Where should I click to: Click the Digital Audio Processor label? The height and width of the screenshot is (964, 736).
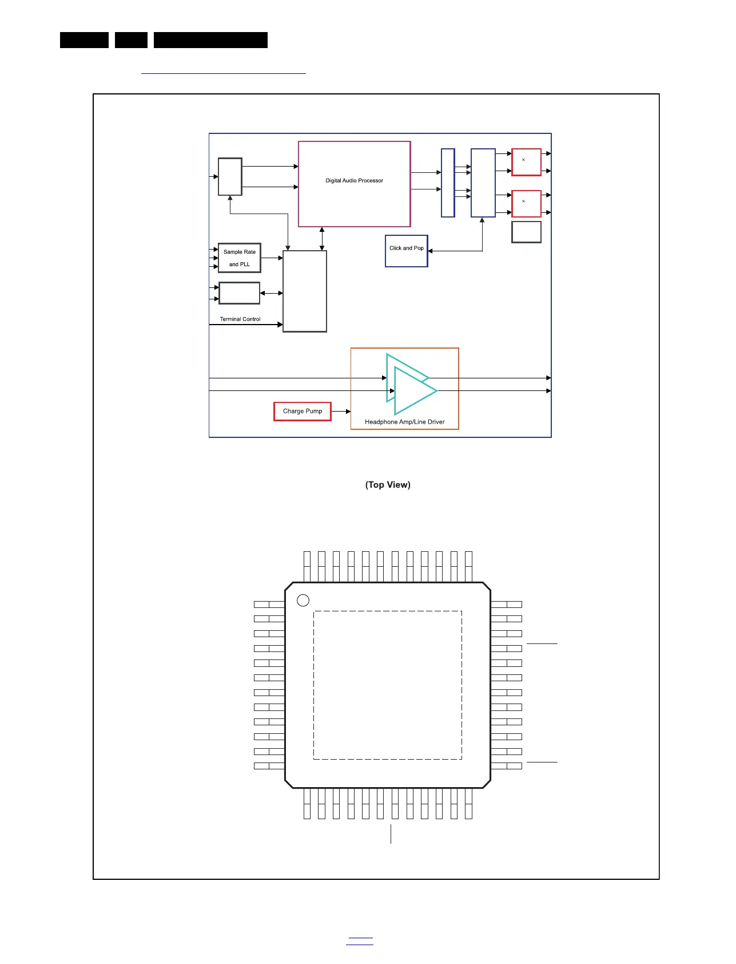[354, 180]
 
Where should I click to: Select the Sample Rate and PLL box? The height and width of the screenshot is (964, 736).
[240, 258]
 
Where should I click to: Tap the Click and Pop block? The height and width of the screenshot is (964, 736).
[407, 251]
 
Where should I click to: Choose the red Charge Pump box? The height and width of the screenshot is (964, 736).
[303, 411]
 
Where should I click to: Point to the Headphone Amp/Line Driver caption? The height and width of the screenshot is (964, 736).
[404, 422]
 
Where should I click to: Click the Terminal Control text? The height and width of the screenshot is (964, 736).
[240, 319]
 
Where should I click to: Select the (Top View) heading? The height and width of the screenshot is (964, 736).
[388, 485]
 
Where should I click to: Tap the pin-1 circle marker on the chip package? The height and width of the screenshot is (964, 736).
[303, 600]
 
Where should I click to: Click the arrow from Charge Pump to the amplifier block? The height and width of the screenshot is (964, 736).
[341, 411]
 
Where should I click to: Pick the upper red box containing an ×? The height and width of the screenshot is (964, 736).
[526, 162]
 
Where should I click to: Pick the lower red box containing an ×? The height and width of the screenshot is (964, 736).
[526, 203]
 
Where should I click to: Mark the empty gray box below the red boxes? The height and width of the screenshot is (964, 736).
[526, 232]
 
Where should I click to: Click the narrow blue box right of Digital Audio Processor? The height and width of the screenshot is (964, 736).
[448, 183]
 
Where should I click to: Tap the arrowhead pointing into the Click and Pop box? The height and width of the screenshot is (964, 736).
[430, 251]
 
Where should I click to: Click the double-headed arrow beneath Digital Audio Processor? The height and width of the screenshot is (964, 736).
[322, 239]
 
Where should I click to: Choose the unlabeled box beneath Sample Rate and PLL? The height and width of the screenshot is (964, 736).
[239, 293]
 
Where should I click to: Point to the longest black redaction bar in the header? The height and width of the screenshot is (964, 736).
[210, 40]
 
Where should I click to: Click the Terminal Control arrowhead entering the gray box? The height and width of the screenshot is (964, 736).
[280, 325]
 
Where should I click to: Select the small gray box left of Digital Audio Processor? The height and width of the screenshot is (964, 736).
[230, 176]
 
